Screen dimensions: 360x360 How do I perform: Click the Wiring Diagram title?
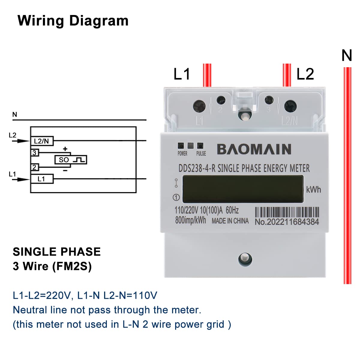pyautogui.click(x=73, y=21)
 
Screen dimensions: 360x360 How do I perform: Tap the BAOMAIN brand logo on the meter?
pyautogui.click(x=254, y=149)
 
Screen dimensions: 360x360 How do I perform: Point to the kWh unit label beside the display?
pyautogui.click(x=313, y=190)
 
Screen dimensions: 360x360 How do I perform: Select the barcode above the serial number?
pyautogui.click(x=287, y=212)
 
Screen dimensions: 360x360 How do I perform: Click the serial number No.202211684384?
pyautogui.click(x=287, y=222)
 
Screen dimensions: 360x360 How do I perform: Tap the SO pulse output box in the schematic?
pyautogui.click(x=71, y=160)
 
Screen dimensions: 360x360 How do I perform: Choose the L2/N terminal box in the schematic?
pyautogui.click(x=42, y=141)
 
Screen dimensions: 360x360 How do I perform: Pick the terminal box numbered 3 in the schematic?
pyautogui.click(x=34, y=153)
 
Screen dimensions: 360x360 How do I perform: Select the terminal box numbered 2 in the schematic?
pyautogui.click(x=34, y=167)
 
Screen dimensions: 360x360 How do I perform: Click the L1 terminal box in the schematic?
pyautogui.click(x=42, y=179)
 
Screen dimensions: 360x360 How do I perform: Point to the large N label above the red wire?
pyautogui.click(x=347, y=55)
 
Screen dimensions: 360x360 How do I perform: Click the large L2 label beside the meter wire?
pyautogui.click(x=305, y=74)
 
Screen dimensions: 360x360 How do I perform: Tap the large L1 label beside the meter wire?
pyautogui.click(x=182, y=74)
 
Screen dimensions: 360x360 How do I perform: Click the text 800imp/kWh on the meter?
pyautogui.click(x=190, y=220)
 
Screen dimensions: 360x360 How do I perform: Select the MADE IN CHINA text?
pyautogui.click(x=230, y=221)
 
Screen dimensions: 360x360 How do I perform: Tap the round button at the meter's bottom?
pyautogui.click(x=245, y=259)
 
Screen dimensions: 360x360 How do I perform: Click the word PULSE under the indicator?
pyautogui.click(x=201, y=154)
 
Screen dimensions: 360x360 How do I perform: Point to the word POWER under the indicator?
pyautogui.click(x=182, y=154)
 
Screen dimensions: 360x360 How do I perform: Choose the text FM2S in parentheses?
pyautogui.click(x=72, y=266)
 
